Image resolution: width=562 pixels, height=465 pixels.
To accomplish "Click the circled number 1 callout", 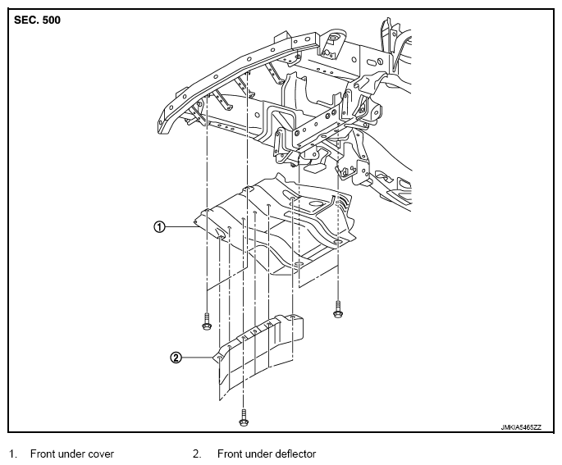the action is pyautogui.click(x=159, y=226).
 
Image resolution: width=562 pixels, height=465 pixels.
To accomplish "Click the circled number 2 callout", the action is pyautogui.click(x=176, y=358).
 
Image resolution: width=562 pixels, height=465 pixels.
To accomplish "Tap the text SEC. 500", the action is pyautogui.click(x=37, y=20).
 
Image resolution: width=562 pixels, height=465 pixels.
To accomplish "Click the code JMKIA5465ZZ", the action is pyautogui.click(x=521, y=427).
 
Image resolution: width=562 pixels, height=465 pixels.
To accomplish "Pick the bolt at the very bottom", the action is pyautogui.click(x=244, y=417).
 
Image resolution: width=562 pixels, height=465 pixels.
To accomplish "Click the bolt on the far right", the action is pyautogui.click(x=338, y=309).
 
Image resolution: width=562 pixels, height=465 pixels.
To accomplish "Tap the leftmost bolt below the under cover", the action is pyautogui.click(x=207, y=321).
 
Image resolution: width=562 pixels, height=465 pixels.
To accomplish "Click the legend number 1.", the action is pyautogui.click(x=12, y=454).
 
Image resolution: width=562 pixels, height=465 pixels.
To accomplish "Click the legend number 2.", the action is pyautogui.click(x=197, y=454).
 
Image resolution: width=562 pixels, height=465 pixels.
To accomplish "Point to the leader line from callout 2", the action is pyautogui.click(x=198, y=358).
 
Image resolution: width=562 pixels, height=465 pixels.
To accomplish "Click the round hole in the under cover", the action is pyautogui.click(x=315, y=203).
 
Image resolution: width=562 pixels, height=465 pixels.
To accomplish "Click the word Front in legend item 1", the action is pyautogui.click(x=43, y=454).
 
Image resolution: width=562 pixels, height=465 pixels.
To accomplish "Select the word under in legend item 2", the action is pyautogui.click(x=254, y=454).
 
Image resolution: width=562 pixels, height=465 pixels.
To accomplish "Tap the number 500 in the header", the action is pyautogui.click(x=51, y=20).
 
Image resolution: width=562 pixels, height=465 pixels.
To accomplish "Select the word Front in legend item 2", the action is pyautogui.click(x=229, y=454).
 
